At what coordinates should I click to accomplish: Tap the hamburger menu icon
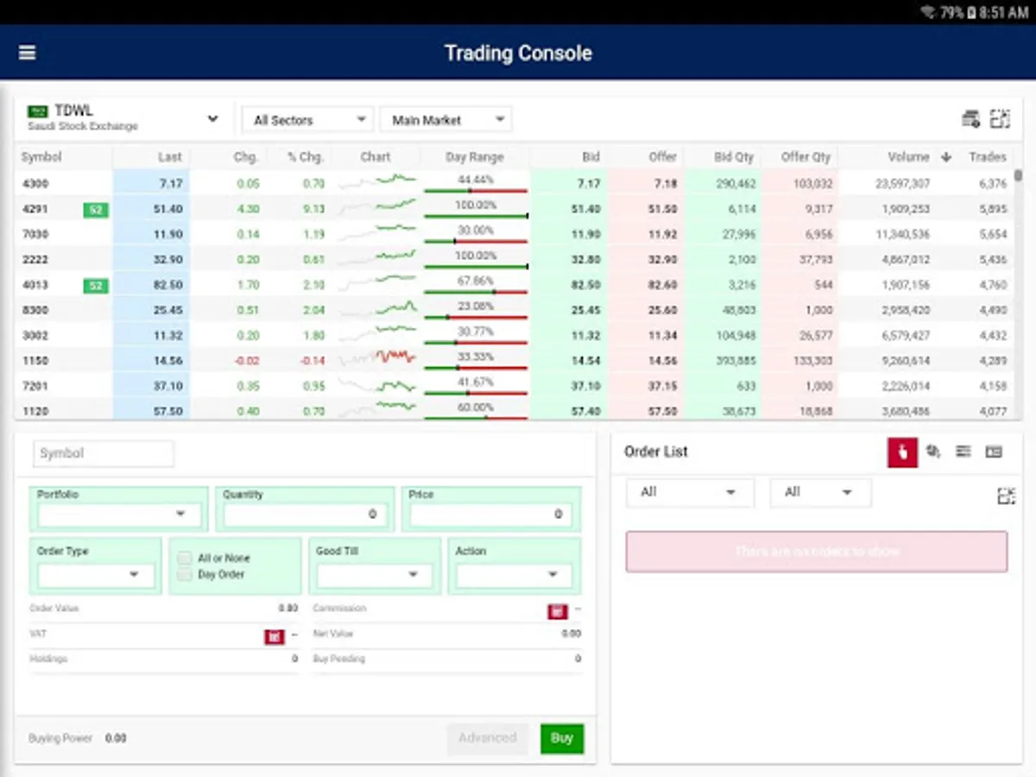pyautogui.click(x=28, y=53)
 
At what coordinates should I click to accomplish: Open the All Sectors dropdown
pyautogui.click(x=306, y=120)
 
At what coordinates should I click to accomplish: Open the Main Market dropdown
pyautogui.click(x=445, y=120)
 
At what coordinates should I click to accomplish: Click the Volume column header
pyautogui.click(x=908, y=157)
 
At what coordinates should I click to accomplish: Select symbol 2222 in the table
pyautogui.click(x=35, y=259)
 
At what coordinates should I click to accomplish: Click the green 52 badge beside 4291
pyautogui.click(x=96, y=209)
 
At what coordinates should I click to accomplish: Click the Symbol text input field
pyautogui.click(x=104, y=453)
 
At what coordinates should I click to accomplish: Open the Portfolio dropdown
pyautogui.click(x=119, y=515)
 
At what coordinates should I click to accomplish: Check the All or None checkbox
pyautogui.click(x=184, y=558)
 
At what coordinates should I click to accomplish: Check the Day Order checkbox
pyautogui.click(x=184, y=574)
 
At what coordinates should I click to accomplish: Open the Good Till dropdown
pyautogui.click(x=374, y=574)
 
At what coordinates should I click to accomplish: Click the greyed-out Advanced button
pyautogui.click(x=487, y=738)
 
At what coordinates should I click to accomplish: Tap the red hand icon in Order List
pyautogui.click(x=902, y=452)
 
